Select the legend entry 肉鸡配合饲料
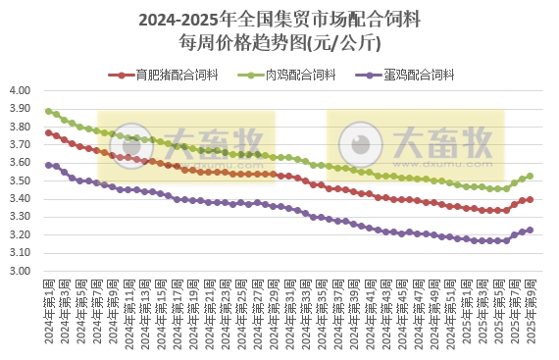tap(302, 75)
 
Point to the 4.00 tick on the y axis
tap(22, 90)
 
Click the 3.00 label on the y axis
tap(22, 271)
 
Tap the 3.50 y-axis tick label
tap(22, 180)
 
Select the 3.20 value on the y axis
tap(22, 234)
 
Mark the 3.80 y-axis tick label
tap(22, 127)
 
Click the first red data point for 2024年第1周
tap(48, 132)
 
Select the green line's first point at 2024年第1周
tap(48, 111)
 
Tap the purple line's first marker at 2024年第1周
tap(48, 165)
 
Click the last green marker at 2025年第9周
tap(531, 177)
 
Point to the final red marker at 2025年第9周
tap(531, 199)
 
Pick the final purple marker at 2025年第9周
tap(531, 230)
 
